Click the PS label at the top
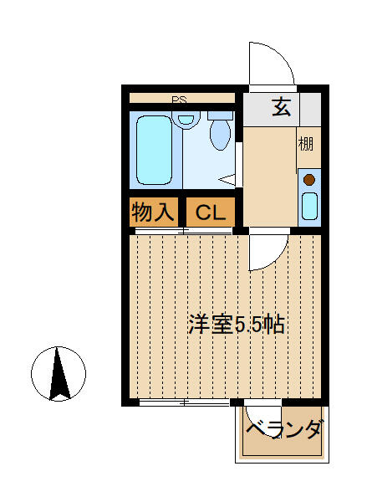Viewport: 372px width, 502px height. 179,100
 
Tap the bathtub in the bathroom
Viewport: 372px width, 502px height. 155,150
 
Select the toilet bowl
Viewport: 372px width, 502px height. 221,135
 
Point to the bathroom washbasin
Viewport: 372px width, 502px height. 186,120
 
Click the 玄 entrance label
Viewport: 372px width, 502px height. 282,107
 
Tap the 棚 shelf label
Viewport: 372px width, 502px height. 306,144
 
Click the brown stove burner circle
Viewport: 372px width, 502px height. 309,180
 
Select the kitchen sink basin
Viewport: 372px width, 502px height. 309,207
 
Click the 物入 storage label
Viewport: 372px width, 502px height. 153,212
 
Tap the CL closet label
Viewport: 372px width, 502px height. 211,213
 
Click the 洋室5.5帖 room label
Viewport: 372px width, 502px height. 236,324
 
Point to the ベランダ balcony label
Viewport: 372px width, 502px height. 283,428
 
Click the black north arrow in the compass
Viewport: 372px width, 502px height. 59,374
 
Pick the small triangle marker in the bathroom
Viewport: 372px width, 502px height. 227,179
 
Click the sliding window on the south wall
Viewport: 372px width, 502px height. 184,402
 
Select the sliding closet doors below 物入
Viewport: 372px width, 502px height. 184,231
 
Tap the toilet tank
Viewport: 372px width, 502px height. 220,115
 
